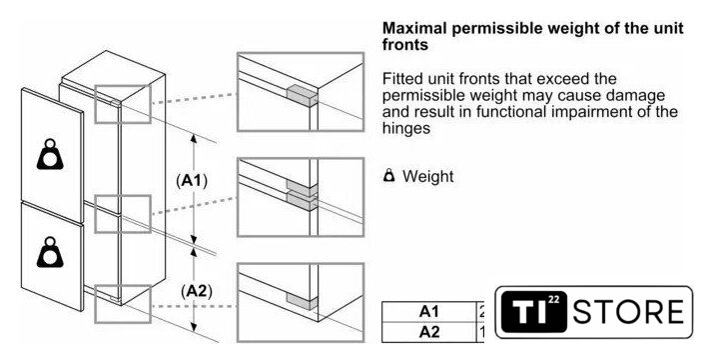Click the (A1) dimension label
coord(192,181)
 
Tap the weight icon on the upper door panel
coord(50,154)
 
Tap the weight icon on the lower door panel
coord(50,252)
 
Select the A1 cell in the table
coord(428,312)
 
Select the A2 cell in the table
coord(428,332)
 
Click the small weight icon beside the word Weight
coord(389,176)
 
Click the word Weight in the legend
coord(427,176)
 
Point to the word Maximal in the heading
coord(414,28)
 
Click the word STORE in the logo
coord(628,312)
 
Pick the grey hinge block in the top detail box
coord(302,96)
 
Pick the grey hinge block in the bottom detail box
coord(302,302)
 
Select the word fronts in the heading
coord(405,44)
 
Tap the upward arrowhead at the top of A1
coord(194,138)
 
